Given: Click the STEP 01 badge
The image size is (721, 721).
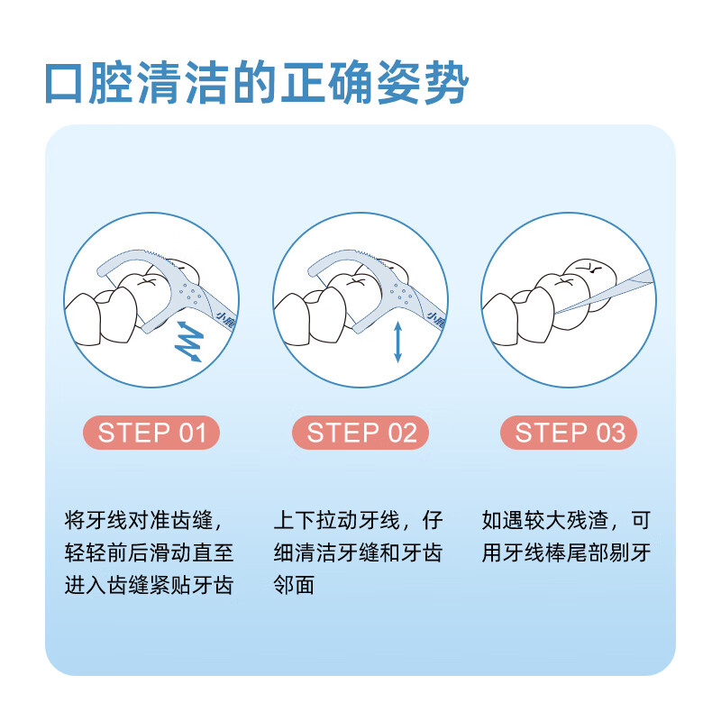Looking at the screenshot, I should pos(151,433).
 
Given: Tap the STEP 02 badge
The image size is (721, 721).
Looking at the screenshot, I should pos(360,433).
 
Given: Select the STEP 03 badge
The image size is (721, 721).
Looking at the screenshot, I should pos(569,433).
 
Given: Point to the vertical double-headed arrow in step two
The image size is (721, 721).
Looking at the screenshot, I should pos(397,343).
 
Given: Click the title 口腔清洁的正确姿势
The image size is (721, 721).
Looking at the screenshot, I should pos(257,84).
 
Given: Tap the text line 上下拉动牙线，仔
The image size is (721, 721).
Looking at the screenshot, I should pos(358,521).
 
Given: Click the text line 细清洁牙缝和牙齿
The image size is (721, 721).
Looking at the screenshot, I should pos(358,552).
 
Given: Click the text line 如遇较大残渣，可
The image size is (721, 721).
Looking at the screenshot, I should pos(566,521).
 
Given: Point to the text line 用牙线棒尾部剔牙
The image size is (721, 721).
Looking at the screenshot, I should pos(566,552).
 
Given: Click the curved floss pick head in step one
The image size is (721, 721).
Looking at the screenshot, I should pos(135,261).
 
